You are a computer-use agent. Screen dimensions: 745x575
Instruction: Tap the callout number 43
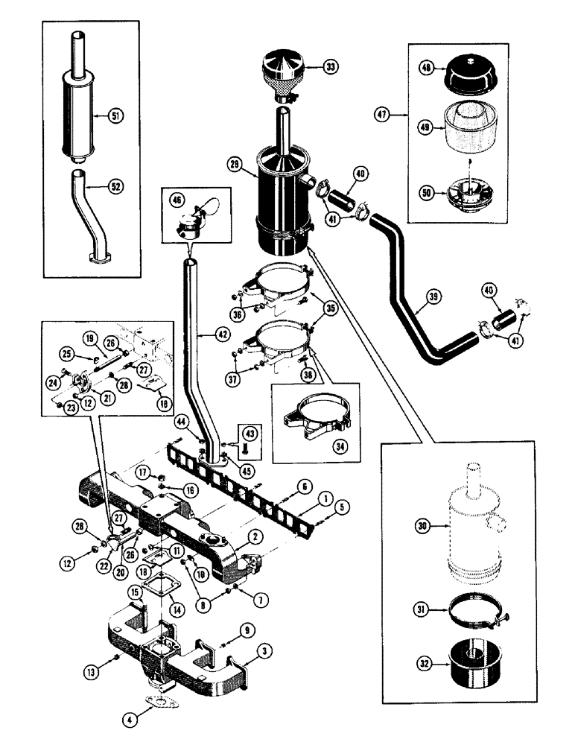250,433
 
